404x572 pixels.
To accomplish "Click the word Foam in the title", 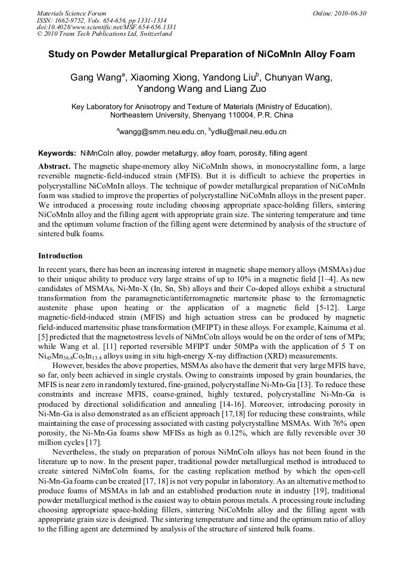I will tap(342, 54).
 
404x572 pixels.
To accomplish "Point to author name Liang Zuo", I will tap(244, 89).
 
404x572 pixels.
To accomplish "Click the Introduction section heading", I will tap(60, 256).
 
